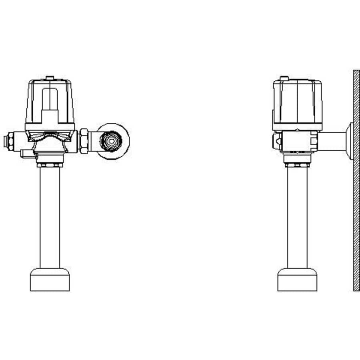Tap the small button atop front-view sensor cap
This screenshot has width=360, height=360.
pyautogui.click(x=50, y=77)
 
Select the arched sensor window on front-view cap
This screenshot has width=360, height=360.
pyautogui.click(x=50, y=99)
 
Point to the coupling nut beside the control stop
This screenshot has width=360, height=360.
pyautogui.click(x=84, y=141)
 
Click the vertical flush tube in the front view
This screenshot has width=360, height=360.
pyautogui.click(x=50, y=216)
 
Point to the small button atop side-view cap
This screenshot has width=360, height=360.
pyautogui.click(x=284, y=78)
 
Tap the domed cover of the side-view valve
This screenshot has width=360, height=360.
pyautogui.click(x=297, y=102)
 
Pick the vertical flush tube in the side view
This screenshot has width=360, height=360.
pyautogui.click(x=297, y=216)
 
